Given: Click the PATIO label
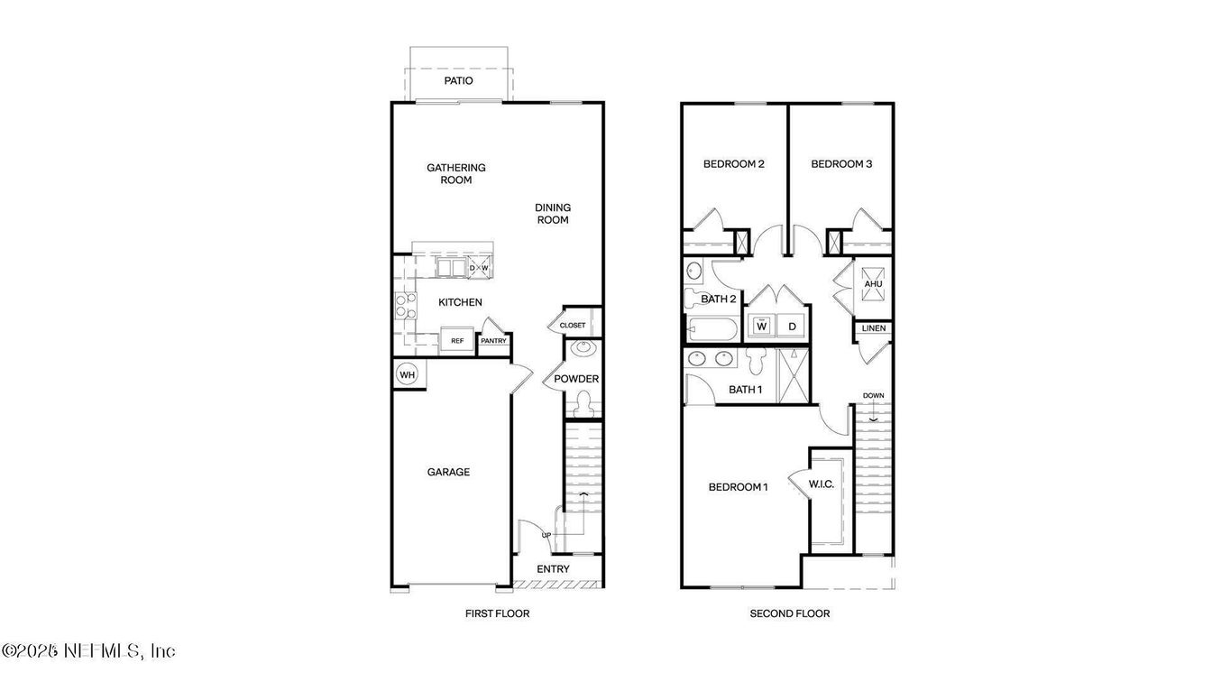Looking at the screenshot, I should click(458, 81).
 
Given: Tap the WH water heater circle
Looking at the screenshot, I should click(408, 374).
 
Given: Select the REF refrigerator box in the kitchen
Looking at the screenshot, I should click(457, 341).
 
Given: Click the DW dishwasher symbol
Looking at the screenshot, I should click(478, 268).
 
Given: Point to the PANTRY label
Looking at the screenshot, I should click(493, 341).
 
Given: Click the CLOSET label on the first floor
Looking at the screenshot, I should click(573, 325).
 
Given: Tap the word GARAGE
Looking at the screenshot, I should click(448, 472).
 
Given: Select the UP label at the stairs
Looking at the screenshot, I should click(546, 535).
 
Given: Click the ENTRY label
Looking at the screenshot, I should click(553, 569).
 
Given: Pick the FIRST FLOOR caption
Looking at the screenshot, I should click(497, 613).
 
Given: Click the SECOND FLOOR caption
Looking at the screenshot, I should click(789, 613).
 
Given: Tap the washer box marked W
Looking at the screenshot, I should click(761, 327).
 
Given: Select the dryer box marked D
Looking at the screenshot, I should click(792, 327).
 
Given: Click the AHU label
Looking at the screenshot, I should click(873, 284).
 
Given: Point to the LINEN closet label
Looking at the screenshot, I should click(873, 328).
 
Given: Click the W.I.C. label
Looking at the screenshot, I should click(821, 484).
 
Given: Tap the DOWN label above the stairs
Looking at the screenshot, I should click(873, 396).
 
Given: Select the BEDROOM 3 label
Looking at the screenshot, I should click(841, 164).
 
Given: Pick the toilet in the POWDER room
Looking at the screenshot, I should click(583, 404).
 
